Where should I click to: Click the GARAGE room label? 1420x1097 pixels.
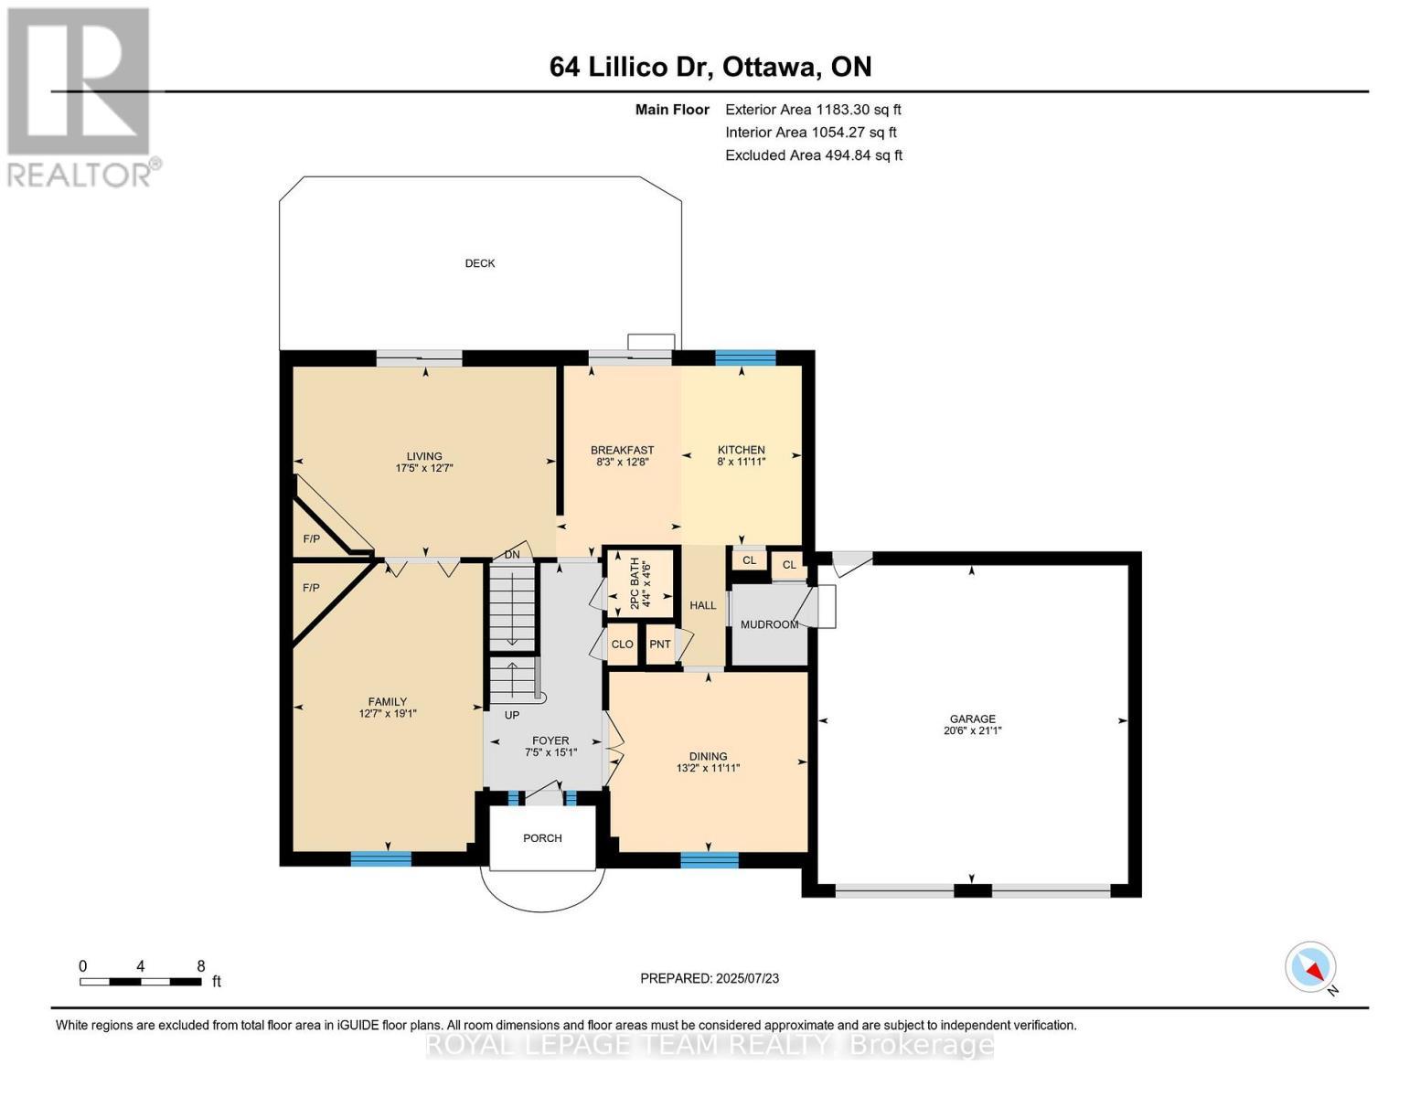[971, 719]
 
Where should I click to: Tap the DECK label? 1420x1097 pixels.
[480, 263]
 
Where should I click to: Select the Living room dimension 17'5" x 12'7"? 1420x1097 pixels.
[424, 468]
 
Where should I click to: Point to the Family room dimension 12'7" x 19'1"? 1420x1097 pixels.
[388, 714]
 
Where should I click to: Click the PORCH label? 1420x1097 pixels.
[542, 838]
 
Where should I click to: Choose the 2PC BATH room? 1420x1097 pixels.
[640, 580]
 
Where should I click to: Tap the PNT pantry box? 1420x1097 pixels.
[659, 644]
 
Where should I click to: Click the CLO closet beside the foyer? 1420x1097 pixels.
[623, 644]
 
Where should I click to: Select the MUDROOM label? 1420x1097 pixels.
[769, 624]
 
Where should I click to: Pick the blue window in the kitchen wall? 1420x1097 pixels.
[744, 357]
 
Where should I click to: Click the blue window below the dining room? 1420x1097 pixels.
[710, 859]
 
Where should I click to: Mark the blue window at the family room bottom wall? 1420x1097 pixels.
[381, 858]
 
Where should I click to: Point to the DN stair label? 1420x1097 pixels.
[512, 555]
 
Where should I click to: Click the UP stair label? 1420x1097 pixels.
[512, 715]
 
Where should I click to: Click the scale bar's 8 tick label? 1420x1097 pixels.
[200, 966]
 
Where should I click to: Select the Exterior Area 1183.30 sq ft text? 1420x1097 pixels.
[813, 110]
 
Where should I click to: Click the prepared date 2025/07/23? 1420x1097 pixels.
[748, 978]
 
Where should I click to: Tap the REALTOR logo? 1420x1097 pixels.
[80, 96]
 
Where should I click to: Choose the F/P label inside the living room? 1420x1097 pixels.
[312, 539]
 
